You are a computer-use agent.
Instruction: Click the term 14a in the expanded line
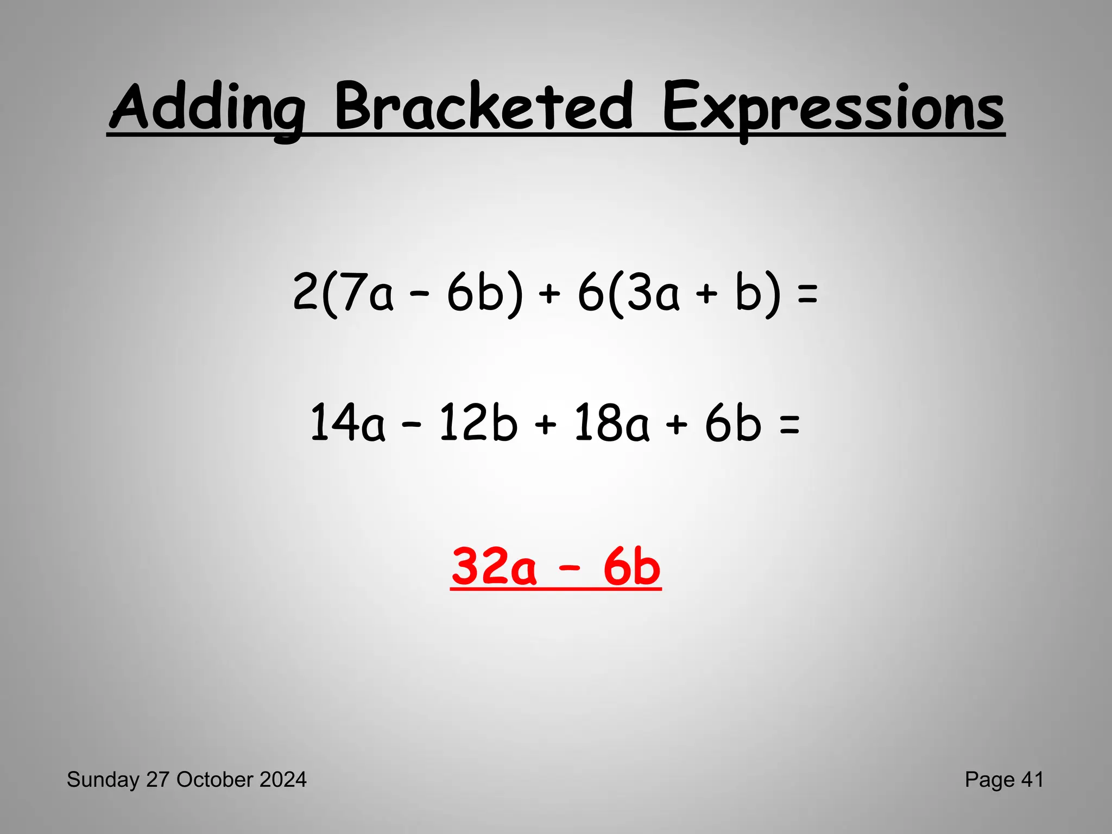347,423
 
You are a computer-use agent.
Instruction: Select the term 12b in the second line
478,423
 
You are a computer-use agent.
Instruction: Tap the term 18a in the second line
611,423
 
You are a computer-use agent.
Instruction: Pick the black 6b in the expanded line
732,423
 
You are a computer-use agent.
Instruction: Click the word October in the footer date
215,780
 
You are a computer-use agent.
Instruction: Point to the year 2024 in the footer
283,780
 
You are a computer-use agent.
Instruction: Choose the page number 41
1032,780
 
